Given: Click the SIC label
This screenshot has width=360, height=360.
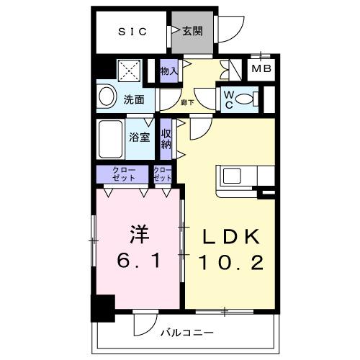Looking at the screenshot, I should [132, 31].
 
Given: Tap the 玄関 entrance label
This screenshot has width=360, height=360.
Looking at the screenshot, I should [192, 31].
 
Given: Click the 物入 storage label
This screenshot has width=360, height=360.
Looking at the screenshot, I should [168, 71].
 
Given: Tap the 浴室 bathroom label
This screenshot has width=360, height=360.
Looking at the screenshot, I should [140, 138].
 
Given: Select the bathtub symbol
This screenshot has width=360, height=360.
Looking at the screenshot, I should [111, 139].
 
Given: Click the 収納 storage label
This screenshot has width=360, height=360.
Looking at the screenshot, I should [166, 138].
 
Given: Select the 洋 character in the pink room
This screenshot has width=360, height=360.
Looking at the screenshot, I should [138, 234].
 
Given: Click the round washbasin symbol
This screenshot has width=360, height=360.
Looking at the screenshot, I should [106, 97].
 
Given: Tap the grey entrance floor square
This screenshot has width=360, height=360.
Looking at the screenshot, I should [192, 35].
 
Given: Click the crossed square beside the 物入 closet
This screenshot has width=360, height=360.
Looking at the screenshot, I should [130, 71].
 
